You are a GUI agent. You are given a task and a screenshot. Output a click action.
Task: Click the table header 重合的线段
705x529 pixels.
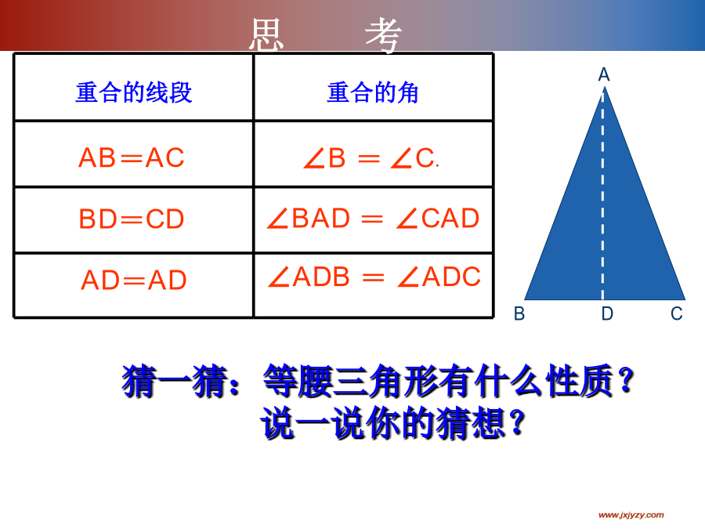pyautogui.click(x=133, y=92)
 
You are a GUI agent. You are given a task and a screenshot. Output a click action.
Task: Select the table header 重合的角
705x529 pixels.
pyautogui.click(x=373, y=92)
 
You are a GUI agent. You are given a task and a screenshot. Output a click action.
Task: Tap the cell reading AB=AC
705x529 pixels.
pyautogui.click(x=132, y=158)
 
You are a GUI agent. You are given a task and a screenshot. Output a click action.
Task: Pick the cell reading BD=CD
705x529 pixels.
pyautogui.click(x=132, y=219)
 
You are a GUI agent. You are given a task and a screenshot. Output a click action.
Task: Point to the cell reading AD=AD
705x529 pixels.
pyautogui.click(x=133, y=281)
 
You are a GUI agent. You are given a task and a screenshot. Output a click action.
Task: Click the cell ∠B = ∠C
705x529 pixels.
pyautogui.click(x=371, y=158)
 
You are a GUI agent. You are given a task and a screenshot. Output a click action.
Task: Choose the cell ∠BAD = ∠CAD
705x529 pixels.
pyautogui.click(x=373, y=219)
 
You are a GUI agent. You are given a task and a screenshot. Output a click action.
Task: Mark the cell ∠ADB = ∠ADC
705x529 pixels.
pyautogui.click(x=374, y=277)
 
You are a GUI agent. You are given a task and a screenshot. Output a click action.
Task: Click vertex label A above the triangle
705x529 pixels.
pyautogui.click(x=604, y=74)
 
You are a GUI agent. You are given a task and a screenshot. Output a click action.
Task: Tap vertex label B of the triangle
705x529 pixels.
pyautogui.click(x=519, y=313)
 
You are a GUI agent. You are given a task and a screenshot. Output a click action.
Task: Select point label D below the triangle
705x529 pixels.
pyautogui.click(x=607, y=313)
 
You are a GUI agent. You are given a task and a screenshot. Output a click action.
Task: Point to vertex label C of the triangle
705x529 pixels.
pyautogui.click(x=677, y=313)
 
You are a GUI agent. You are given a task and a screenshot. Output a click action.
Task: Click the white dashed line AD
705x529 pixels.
pyautogui.click(x=603, y=196)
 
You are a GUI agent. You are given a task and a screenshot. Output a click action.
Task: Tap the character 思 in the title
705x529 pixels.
pyautogui.click(x=266, y=35)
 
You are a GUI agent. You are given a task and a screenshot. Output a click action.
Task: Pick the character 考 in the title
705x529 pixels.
pyautogui.click(x=383, y=35)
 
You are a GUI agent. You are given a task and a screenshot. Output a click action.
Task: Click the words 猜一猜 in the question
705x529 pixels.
pyautogui.click(x=175, y=382)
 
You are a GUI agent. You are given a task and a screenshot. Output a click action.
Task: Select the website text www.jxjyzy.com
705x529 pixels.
pyautogui.click(x=631, y=515)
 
